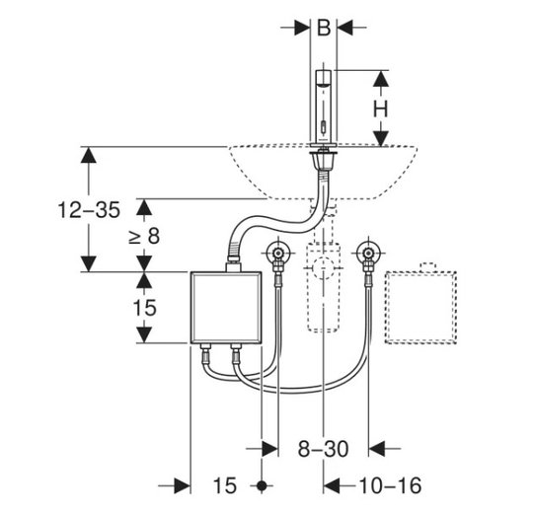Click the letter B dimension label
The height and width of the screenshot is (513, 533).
click(x=324, y=28)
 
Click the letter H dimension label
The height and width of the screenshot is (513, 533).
click(x=381, y=110)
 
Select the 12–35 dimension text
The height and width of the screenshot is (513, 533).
click(x=89, y=209)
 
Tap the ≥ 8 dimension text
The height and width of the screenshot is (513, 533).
click(x=144, y=236)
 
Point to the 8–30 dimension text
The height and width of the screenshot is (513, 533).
click(x=323, y=449)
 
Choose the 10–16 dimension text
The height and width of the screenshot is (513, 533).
click(x=390, y=485)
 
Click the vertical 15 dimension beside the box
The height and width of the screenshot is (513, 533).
click(x=144, y=308)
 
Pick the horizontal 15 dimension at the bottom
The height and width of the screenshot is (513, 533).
click(x=225, y=485)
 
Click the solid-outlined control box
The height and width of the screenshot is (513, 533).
click(x=226, y=308)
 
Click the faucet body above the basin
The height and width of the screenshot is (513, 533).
click(x=324, y=107)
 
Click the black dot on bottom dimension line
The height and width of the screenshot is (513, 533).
click(x=262, y=485)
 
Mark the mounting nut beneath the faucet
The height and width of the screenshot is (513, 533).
click(x=324, y=161)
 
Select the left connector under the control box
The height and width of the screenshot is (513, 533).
click(x=205, y=353)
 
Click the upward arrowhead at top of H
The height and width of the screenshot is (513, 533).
click(x=381, y=79)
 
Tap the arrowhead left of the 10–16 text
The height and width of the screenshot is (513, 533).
click(x=332, y=485)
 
